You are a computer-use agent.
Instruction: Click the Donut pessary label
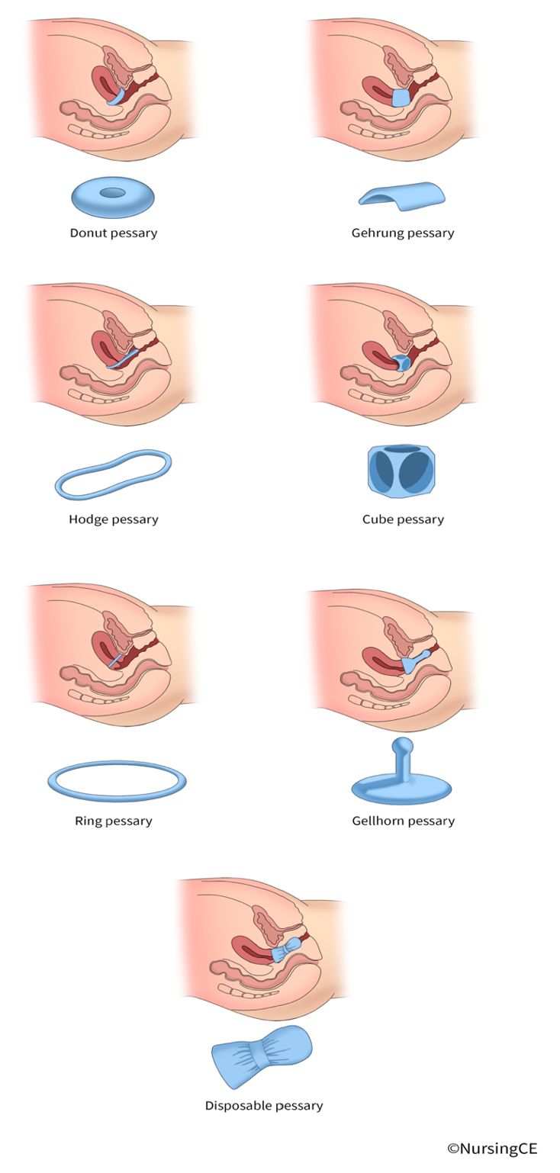(114, 233)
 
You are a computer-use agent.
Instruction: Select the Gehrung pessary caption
(402, 233)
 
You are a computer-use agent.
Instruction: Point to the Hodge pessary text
(114, 519)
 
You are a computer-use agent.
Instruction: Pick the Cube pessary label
(403, 519)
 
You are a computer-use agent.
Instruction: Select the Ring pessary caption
(114, 821)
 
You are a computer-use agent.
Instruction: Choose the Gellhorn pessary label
(403, 821)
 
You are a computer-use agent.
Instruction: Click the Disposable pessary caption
(264, 1105)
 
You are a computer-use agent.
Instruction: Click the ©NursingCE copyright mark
(492, 1149)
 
